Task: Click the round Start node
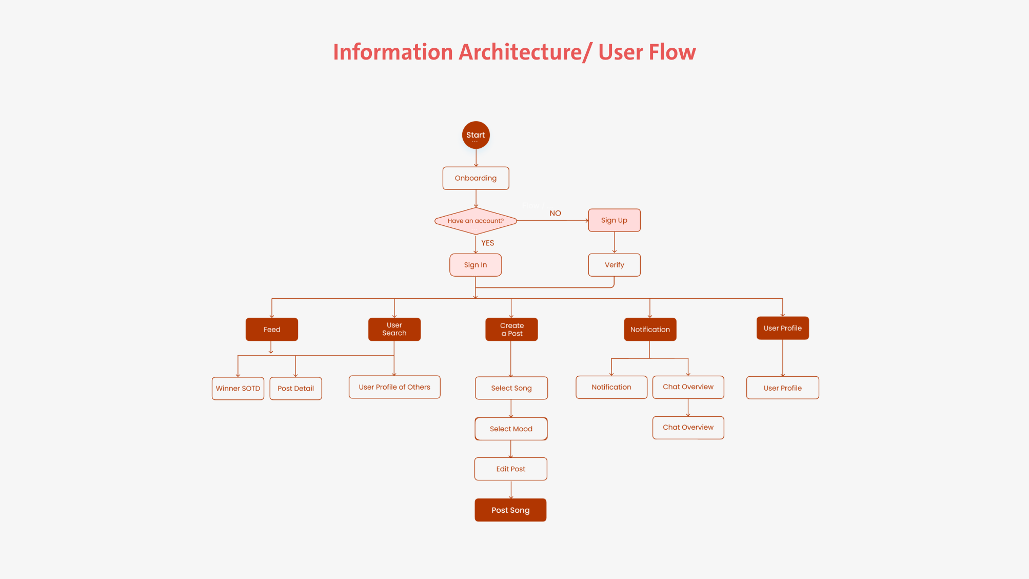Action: click(476, 135)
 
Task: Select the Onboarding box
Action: click(476, 178)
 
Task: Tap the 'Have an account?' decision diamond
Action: click(476, 221)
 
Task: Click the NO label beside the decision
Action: click(555, 213)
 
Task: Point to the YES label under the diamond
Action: click(487, 243)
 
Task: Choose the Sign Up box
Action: click(614, 220)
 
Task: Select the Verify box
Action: click(614, 265)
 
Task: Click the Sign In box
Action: click(476, 265)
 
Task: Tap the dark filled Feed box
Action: click(272, 330)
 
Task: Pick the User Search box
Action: click(394, 330)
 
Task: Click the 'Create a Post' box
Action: click(511, 330)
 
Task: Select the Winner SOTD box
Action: click(238, 389)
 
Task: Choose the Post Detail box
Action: click(295, 389)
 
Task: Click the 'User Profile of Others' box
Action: click(394, 387)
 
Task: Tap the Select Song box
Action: click(511, 388)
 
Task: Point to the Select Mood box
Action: click(511, 429)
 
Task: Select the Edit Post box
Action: click(511, 469)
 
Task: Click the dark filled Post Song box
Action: click(510, 510)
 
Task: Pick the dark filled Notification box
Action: click(650, 330)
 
